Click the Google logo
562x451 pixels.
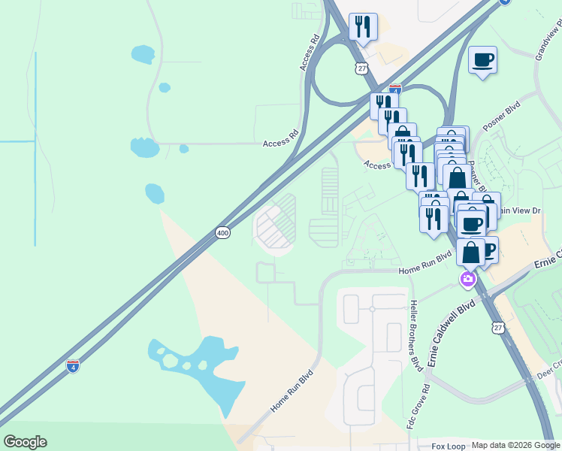[25, 442]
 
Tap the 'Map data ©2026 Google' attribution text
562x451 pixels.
[515, 445]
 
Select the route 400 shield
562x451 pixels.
[222, 233]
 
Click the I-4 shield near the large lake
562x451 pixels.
[72, 366]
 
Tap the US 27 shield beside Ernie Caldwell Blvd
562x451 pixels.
[498, 327]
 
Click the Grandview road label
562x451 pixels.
[548, 41]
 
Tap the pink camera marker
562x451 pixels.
[467, 280]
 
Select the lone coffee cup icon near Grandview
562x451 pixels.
[482, 60]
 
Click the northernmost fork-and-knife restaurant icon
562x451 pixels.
[363, 27]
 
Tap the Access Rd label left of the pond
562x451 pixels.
[281, 143]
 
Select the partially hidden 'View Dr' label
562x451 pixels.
[525, 211]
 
